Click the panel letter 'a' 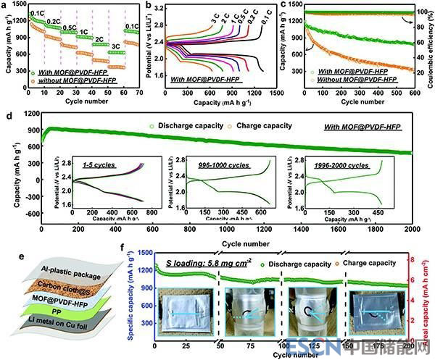tap(7, 6)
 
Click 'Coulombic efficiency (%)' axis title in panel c tap(428, 51)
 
